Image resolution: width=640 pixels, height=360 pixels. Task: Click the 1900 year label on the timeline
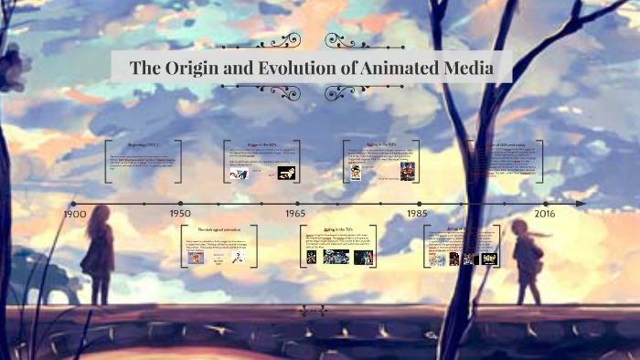(x=75, y=214)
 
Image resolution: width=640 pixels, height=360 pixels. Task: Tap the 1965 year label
(x=294, y=214)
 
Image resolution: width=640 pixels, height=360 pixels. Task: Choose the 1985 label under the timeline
(x=418, y=214)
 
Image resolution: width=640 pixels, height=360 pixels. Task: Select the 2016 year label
(x=545, y=214)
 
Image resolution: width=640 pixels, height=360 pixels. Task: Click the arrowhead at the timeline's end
(x=580, y=202)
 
